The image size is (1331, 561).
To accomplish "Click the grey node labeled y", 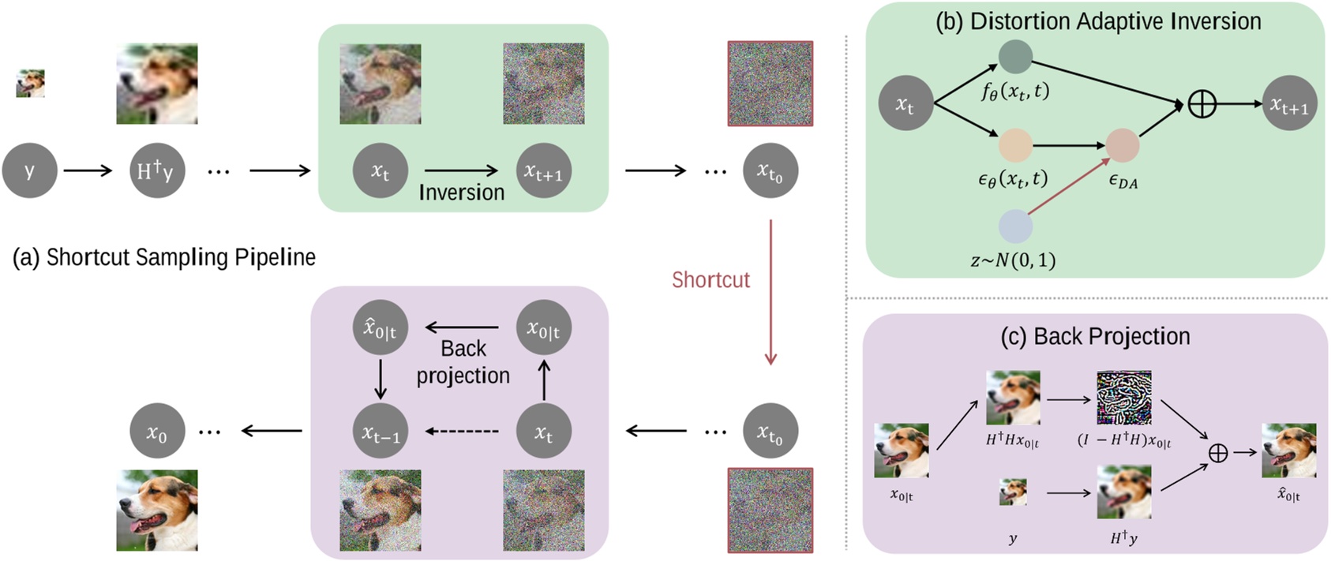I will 29,170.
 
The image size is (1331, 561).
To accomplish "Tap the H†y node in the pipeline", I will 156,170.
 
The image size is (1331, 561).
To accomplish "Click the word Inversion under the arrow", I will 461,193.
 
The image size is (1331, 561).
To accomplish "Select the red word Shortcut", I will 710,280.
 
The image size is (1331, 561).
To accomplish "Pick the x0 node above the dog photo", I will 156,432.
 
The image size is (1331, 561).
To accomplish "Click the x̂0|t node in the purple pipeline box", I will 380,327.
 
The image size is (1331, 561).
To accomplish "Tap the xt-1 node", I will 380,432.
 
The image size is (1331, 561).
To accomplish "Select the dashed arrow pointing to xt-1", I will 463,432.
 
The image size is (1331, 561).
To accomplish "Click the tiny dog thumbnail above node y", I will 30,83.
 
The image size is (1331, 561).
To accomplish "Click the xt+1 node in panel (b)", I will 1288,103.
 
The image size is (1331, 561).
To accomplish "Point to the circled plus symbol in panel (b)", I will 1202,103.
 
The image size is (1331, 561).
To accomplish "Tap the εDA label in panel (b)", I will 1123,181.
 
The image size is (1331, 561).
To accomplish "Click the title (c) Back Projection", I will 1095,336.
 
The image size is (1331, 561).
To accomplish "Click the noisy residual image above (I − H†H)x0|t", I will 1123,398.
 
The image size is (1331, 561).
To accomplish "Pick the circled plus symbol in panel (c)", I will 1218,452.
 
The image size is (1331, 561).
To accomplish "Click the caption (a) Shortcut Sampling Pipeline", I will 164,257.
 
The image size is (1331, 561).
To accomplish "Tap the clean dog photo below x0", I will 156,511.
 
